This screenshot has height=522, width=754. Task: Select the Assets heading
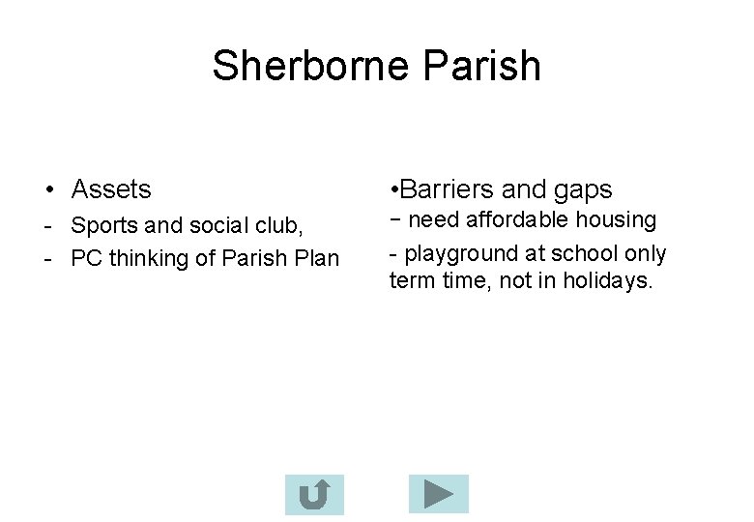(x=111, y=189)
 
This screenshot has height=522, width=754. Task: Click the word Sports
(x=104, y=226)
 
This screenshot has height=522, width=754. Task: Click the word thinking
(x=147, y=258)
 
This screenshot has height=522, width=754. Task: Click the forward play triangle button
(x=438, y=494)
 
